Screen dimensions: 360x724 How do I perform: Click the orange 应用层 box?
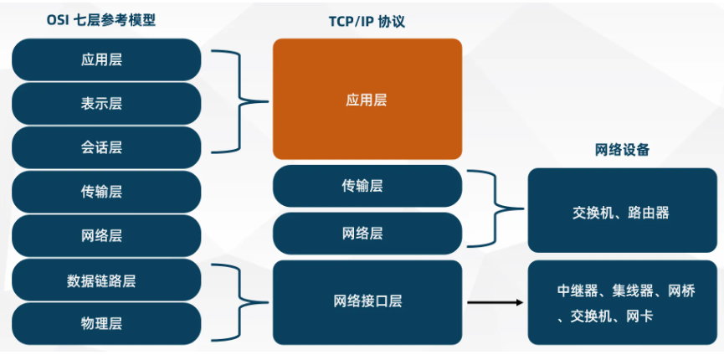coord(367,99)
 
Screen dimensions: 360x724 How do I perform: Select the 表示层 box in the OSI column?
coord(106,104)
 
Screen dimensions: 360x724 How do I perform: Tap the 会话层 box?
coord(106,147)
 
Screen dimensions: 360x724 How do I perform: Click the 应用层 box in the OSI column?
coord(106,59)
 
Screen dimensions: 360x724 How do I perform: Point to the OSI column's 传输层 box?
coord(106,192)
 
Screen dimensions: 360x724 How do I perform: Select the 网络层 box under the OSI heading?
coord(106,236)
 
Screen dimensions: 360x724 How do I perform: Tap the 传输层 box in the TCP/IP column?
coord(367,186)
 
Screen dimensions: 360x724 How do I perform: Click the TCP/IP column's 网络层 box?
coord(367,233)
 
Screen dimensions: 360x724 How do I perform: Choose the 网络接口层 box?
coord(367,301)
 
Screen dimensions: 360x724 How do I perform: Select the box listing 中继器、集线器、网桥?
coord(623,302)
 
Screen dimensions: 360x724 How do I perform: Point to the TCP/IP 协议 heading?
coord(367,22)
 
